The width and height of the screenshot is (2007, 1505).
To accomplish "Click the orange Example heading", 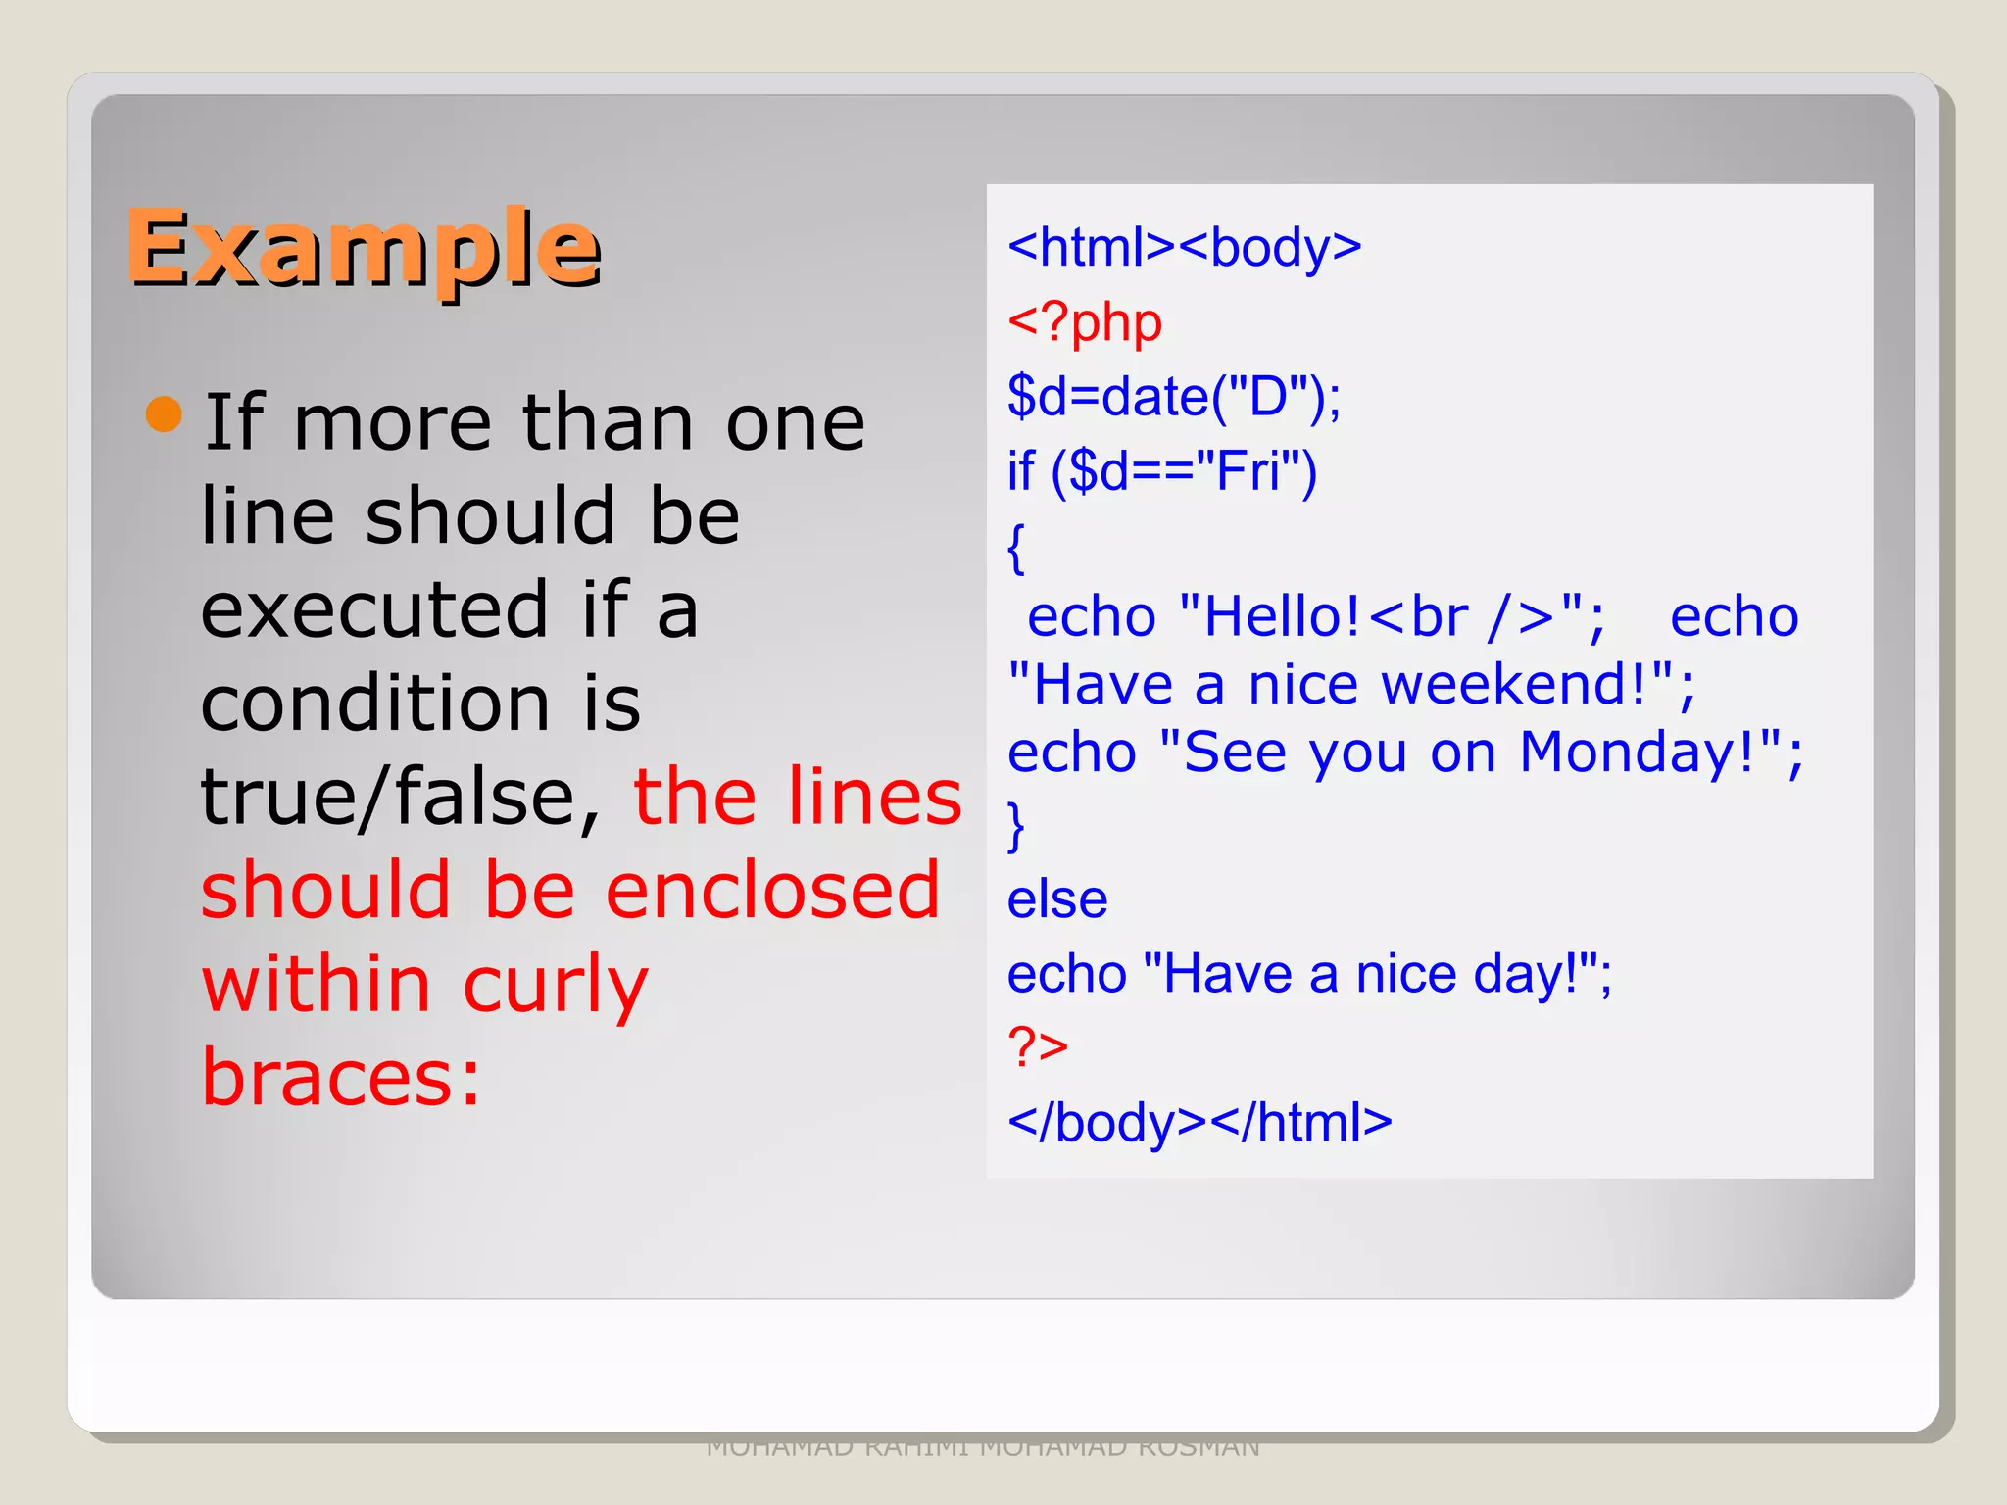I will pos(363,248).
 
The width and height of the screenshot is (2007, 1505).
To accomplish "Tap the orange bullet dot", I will pos(164,414).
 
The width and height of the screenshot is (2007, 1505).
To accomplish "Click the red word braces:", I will pos(341,1077).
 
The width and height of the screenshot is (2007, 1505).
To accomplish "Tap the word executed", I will pos(374,609).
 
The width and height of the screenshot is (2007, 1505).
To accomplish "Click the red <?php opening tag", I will pos(1084,322).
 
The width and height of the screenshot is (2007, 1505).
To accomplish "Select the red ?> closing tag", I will pos(1038,1047).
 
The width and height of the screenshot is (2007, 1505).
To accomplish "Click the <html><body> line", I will pos(1184,247).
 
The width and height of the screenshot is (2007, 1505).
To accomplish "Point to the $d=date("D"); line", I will pos(1174,397).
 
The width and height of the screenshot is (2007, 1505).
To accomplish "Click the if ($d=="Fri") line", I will pos(1162,471).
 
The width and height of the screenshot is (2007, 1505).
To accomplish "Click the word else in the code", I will pos(1057,899).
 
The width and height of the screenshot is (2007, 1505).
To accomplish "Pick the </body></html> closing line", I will pos(1199,1123).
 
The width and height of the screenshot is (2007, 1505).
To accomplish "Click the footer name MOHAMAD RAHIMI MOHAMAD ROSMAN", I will pos(983,1447).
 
